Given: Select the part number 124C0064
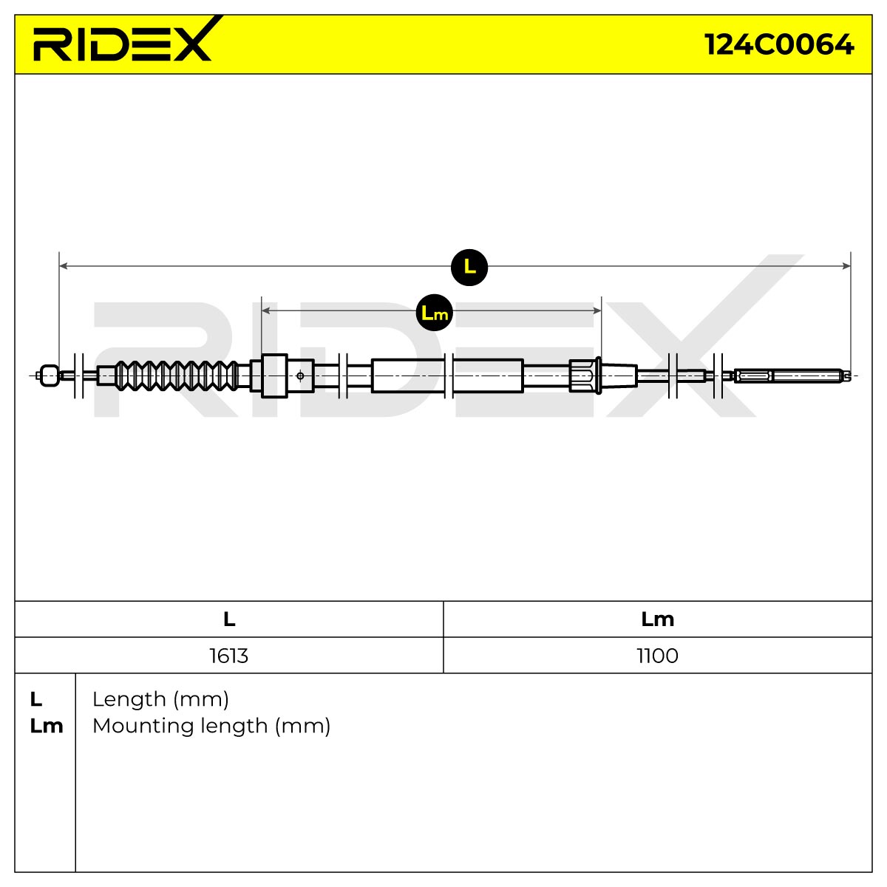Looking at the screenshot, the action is [779, 44].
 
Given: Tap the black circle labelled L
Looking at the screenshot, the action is [469, 267].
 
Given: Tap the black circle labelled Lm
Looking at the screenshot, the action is [435, 313].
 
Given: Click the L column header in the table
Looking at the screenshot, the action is [229, 619].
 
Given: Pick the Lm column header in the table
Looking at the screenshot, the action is [657, 619].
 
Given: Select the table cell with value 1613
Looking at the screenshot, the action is [228, 656].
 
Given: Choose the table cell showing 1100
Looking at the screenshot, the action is [657, 656].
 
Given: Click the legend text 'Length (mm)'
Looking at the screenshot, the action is [160, 700].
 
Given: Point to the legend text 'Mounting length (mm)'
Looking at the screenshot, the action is [211, 727].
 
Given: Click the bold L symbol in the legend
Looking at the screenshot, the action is [36, 700].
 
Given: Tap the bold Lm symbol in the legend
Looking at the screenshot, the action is [47, 727].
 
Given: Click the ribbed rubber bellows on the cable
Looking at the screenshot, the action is [177, 375].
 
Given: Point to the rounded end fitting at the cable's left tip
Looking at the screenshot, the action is [50, 375].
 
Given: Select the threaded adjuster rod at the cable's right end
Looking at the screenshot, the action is [792, 375].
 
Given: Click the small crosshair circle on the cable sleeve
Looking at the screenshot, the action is [300, 376].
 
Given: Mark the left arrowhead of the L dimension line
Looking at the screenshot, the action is [64, 266].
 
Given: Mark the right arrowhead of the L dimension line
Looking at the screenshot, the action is [846, 266].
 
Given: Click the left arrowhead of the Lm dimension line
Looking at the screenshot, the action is [265, 310].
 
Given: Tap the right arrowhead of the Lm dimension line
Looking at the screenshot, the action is [597, 310].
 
